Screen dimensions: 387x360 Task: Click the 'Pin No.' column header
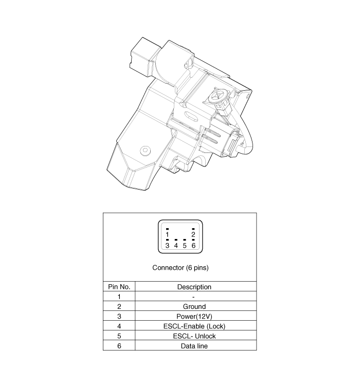click(119, 287)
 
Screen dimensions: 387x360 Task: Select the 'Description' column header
click(194, 287)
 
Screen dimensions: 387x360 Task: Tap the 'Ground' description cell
click(194, 306)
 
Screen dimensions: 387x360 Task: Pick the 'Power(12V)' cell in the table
click(194, 316)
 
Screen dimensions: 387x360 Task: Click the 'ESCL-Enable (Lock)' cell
click(194, 326)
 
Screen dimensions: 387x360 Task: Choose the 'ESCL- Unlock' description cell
click(194, 336)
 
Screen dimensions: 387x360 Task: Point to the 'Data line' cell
click(194, 346)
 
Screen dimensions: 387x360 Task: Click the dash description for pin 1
click(194, 297)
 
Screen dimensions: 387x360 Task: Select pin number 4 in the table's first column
click(119, 326)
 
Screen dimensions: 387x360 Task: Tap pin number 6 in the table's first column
click(119, 346)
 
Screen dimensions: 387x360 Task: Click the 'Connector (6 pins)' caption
click(181, 268)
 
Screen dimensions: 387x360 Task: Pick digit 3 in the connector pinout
click(168, 246)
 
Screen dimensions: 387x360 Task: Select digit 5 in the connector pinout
click(185, 246)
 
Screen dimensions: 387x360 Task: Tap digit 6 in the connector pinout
click(193, 246)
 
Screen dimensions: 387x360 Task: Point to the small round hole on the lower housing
click(146, 151)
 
